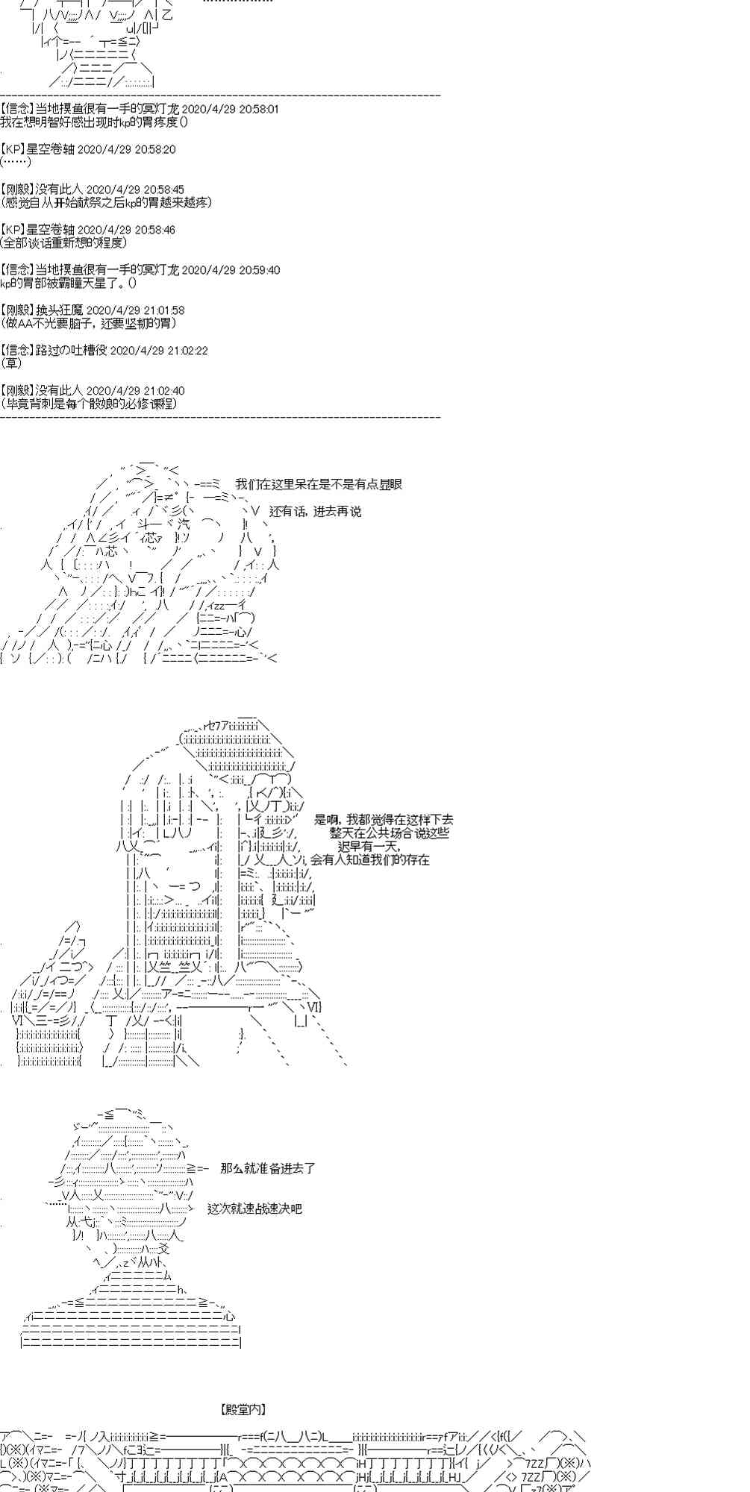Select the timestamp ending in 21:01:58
point(135,310)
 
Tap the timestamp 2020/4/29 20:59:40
point(231,270)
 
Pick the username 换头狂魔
point(59,310)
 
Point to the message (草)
point(11,363)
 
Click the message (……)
point(16,162)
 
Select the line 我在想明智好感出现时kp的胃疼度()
point(94,122)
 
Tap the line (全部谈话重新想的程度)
point(64,242)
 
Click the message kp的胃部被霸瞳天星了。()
point(69,283)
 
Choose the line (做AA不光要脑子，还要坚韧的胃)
point(89,323)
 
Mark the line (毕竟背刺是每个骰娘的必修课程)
point(89,404)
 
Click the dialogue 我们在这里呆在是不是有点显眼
point(319,484)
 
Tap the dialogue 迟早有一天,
point(368,846)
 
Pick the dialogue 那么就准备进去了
point(268,1168)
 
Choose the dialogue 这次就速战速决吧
point(254,1209)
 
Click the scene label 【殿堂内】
point(243,1410)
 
